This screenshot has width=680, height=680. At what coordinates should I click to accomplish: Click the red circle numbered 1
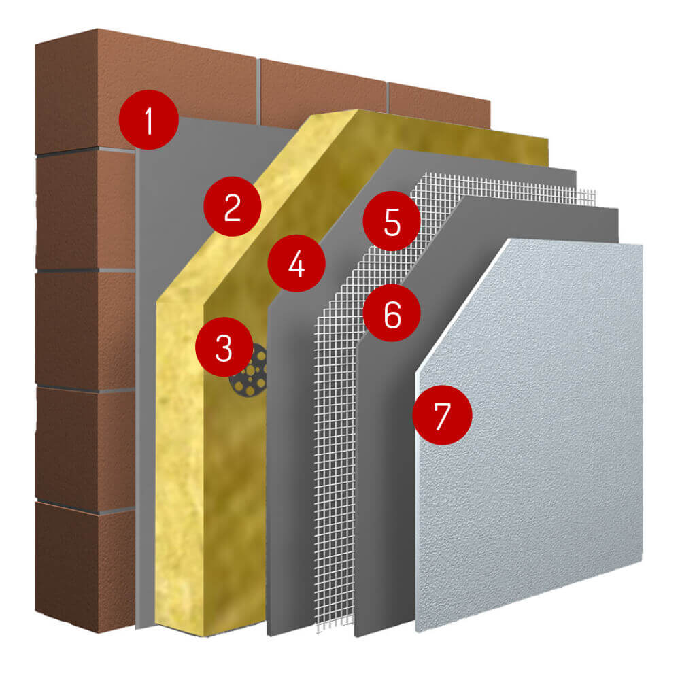pyautogui.click(x=149, y=120)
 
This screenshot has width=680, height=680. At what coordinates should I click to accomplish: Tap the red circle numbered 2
pyautogui.click(x=233, y=207)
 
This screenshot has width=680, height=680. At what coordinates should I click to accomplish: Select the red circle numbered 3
pyautogui.click(x=224, y=347)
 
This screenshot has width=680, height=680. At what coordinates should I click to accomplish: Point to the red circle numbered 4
pyautogui.click(x=296, y=263)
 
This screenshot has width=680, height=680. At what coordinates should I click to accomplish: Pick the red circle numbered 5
pyautogui.click(x=392, y=221)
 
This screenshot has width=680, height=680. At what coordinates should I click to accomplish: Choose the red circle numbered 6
pyautogui.click(x=392, y=313)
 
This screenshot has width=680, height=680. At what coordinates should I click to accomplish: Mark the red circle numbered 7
pyautogui.click(x=443, y=415)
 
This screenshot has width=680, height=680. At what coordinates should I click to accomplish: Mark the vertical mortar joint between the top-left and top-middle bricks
pyautogui.click(x=258, y=91)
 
